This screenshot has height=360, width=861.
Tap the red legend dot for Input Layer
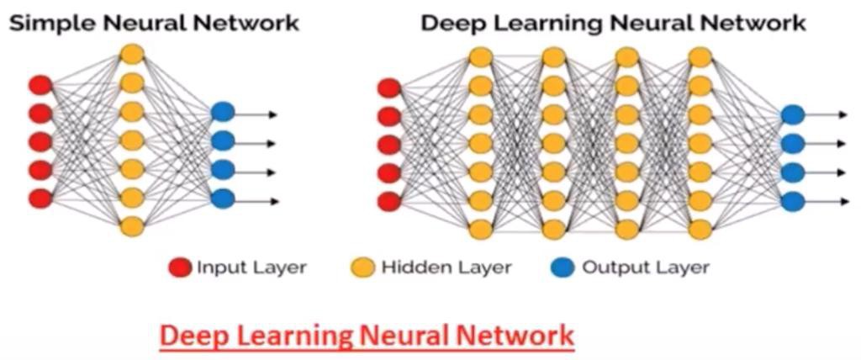click(x=179, y=268)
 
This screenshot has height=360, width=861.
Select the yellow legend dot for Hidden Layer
click(x=362, y=268)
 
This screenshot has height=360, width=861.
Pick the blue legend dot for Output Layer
click(x=563, y=268)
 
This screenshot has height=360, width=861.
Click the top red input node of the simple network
click(x=40, y=85)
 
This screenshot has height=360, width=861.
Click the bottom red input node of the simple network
click(x=40, y=199)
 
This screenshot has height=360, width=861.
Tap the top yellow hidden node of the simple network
click(x=132, y=54)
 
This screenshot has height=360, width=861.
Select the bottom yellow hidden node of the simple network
click(x=132, y=226)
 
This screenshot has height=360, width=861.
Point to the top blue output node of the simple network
click(x=223, y=112)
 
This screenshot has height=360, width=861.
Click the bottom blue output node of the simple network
click(x=223, y=199)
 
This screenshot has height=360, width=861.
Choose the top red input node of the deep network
click(x=389, y=87)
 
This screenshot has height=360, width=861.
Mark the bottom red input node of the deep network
click(x=389, y=201)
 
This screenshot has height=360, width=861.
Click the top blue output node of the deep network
click(x=792, y=114)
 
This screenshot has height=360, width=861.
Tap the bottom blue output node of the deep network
click(x=792, y=201)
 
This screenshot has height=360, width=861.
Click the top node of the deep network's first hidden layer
click(x=480, y=57)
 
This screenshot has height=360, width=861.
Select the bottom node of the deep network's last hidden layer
click(x=700, y=229)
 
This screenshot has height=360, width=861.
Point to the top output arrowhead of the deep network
click(x=843, y=114)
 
